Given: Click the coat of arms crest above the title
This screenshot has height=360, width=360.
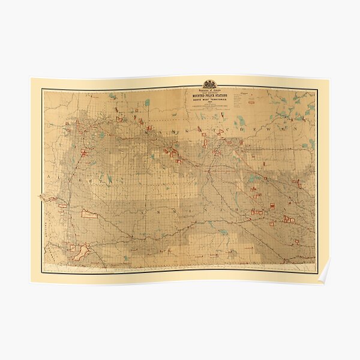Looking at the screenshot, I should pyautogui.click(x=210, y=84).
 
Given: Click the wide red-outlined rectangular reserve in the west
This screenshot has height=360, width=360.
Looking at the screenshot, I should pyautogui.click(x=89, y=214).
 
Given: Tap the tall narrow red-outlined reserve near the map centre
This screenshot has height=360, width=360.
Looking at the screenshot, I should pyautogui.click(x=205, y=143).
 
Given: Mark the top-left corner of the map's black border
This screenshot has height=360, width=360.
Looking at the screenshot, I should pyautogui.click(x=42, y=89).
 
